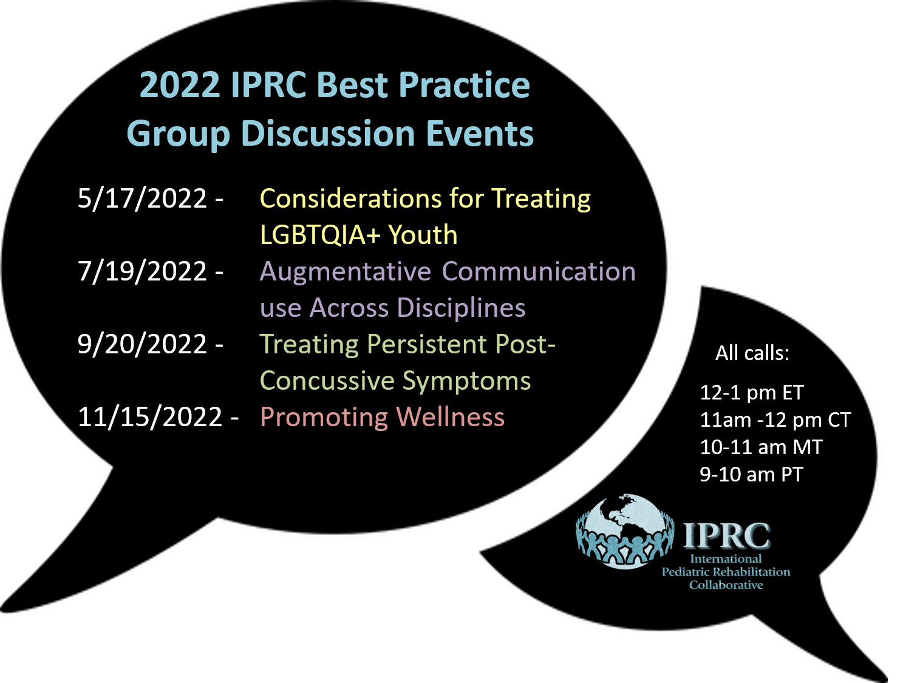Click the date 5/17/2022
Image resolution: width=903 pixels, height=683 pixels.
142,199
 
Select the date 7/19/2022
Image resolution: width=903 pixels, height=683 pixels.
142,271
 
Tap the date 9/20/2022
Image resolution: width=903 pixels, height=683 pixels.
142,344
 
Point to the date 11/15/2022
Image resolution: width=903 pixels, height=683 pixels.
150,417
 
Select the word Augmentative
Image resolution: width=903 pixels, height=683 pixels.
345,271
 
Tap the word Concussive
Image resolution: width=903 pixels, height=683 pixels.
327,381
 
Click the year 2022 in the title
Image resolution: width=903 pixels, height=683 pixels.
179,85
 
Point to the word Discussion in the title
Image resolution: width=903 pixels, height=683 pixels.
328,134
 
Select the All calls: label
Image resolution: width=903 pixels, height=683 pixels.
752,353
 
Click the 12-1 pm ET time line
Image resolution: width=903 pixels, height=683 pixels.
751,393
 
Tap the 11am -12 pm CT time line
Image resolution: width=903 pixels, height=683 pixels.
775,420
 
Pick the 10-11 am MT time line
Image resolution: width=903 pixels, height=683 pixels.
761,447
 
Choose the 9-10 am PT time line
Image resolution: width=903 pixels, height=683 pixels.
751,475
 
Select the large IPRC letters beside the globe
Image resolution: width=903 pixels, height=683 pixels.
726,536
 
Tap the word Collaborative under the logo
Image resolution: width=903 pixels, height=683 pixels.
726,585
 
